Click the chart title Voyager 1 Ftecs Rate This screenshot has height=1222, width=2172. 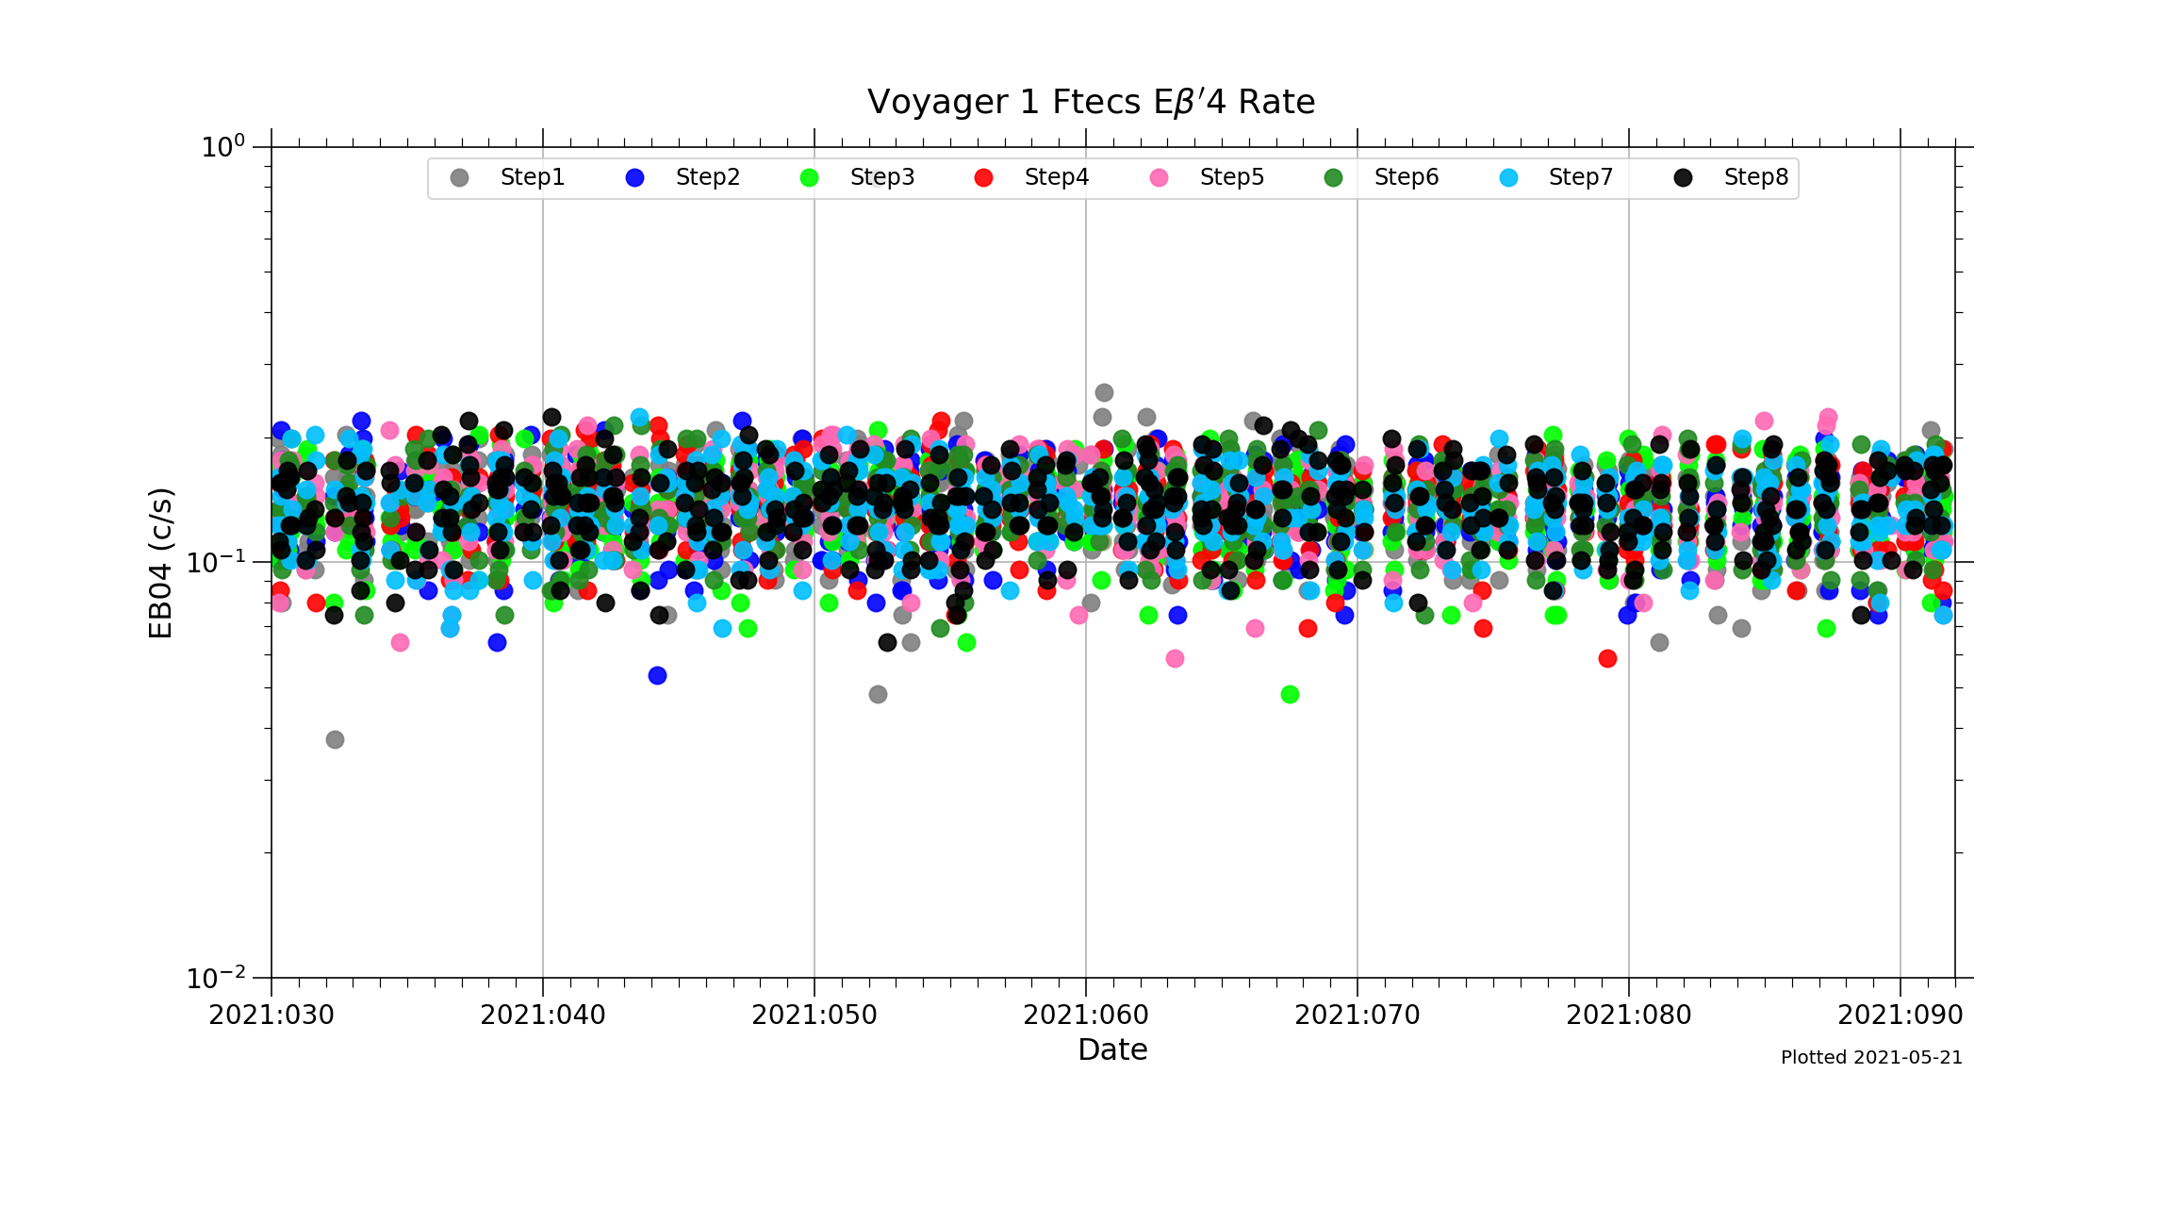[1091, 102]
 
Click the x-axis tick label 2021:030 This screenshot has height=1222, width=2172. [271, 1016]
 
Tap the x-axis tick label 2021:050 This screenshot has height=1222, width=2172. [814, 1016]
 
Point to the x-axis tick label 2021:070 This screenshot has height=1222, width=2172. [1357, 1016]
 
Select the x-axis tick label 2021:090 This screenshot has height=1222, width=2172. [1900, 1016]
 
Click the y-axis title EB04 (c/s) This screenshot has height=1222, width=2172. [161, 563]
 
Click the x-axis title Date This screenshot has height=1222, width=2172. [1112, 1049]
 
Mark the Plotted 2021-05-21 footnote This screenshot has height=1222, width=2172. [1871, 1058]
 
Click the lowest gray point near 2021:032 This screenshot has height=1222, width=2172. [335, 739]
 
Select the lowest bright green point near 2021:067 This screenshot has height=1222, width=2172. [1290, 694]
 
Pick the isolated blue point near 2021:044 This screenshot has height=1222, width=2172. [657, 675]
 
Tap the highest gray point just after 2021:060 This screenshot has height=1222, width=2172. [1104, 392]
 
